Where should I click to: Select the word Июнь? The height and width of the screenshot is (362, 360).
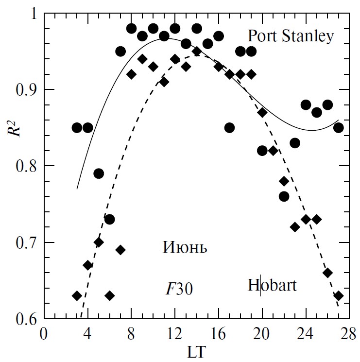[185, 248]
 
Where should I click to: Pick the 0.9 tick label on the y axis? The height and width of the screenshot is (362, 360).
[27, 90]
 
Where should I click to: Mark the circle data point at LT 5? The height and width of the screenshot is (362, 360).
[99, 173]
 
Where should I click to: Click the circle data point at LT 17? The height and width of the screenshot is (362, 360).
[230, 128]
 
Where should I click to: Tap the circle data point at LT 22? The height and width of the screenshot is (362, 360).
[284, 196]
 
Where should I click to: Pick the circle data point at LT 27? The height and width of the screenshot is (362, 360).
[339, 128]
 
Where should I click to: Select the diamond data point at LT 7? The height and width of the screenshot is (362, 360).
[120, 250]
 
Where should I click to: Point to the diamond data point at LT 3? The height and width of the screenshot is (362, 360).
[77, 295]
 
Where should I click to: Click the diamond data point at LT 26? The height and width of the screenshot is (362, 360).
[327, 273]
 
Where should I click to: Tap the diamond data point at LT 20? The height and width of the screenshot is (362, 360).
[262, 113]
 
